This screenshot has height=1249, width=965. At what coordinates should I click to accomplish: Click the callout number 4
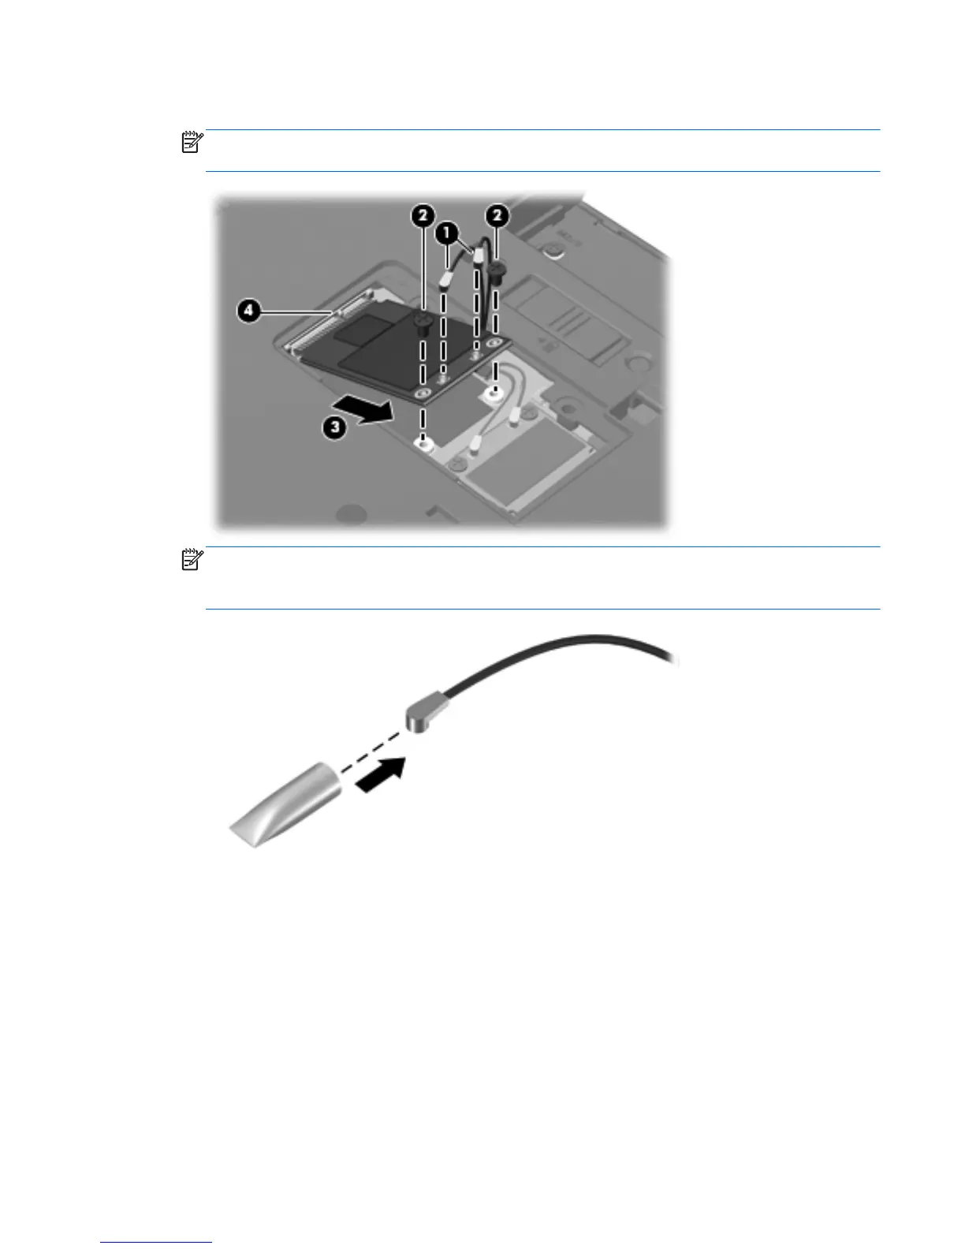click(x=248, y=311)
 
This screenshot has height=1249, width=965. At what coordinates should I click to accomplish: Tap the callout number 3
click(x=336, y=428)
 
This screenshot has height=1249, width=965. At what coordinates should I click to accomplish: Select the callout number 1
click(x=448, y=233)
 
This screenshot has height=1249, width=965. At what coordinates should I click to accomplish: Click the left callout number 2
click(x=423, y=214)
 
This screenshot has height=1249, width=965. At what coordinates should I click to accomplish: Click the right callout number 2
click(x=497, y=214)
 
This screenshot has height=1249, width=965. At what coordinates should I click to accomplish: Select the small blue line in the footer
click(x=156, y=1243)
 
